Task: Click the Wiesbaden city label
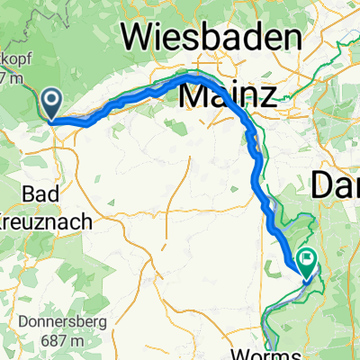214,38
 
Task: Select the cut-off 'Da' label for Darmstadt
335,186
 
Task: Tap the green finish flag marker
308,262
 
